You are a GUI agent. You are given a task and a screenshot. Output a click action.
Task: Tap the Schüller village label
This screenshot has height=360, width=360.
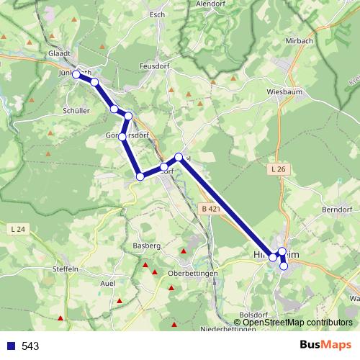click(76, 111)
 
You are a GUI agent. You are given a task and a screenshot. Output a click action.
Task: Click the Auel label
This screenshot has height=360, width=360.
click(109, 283)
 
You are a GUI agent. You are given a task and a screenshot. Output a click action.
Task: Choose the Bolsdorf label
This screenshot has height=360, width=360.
click(254, 315)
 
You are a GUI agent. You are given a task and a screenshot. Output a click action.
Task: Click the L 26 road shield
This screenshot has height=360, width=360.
click(279, 169)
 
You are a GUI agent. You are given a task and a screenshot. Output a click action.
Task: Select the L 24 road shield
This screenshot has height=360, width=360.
click(19, 229)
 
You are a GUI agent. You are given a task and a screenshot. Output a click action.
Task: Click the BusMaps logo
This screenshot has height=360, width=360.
click(325, 346)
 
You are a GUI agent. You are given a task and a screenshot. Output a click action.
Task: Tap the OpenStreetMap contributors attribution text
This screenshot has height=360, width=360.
click(297, 323)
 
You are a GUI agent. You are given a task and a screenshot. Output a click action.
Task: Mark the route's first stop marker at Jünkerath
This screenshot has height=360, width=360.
click(76, 73)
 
